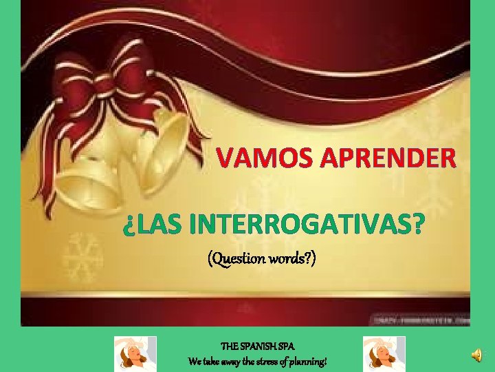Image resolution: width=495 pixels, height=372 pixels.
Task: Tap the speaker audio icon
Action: point(476,354)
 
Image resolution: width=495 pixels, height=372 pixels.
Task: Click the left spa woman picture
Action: point(135,354)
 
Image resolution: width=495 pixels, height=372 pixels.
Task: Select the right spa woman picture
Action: point(384,354)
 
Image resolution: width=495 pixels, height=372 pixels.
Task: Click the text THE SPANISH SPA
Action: point(258,348)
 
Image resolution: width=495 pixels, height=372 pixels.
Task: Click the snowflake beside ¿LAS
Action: point(82,255)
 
